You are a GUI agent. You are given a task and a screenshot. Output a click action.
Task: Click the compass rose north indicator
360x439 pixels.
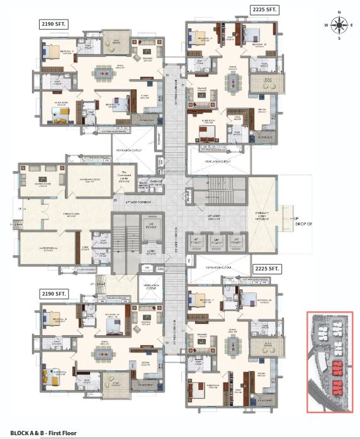click(340, 12)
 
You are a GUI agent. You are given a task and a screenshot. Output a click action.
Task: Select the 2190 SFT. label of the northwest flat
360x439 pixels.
click(54, 24)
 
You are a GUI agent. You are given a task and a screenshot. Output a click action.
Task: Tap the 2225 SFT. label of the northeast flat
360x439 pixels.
click(264, 10)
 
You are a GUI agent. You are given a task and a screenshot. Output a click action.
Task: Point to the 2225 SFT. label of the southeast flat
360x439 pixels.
click(266, 268)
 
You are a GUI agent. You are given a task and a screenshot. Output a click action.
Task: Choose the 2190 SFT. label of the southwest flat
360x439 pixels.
click(54, 293)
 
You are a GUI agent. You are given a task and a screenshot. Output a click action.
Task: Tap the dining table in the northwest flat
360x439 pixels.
click(101, 74)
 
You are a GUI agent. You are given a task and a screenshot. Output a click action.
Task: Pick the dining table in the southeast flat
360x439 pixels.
click(232, 343)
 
